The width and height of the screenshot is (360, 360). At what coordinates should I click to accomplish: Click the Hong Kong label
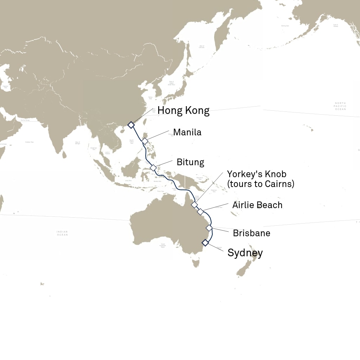click(183, 110)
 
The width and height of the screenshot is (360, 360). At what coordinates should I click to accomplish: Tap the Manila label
click(187, 133)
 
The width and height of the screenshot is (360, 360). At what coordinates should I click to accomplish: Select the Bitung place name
click(190, 162)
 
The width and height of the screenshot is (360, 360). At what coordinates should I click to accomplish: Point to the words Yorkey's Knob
click(256, 174)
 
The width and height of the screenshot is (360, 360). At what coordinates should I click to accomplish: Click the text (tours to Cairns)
click(261, 184)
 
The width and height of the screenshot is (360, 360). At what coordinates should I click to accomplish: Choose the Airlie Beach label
click(257, 205)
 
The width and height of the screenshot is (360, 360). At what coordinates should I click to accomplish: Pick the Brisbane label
click(251, 233)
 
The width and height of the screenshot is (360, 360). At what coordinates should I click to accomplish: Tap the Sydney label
click(245, 253)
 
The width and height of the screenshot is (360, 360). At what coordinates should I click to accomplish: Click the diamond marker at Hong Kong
click(131, 125)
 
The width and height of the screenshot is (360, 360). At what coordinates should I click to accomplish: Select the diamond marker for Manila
click(145, 141)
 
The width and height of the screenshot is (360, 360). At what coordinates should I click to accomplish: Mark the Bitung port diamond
click(153, 168)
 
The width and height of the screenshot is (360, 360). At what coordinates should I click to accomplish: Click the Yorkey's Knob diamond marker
click(194, 205)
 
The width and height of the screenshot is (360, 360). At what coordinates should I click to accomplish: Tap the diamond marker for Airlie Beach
click(200, 212)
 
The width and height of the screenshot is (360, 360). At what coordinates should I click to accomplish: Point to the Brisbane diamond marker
click(209, 228)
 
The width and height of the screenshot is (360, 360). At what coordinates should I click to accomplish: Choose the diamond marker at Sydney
click(205, 243)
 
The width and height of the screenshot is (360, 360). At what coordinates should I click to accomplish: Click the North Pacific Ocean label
click(340, 106)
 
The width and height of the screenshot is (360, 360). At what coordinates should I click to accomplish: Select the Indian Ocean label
click(62, 233)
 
